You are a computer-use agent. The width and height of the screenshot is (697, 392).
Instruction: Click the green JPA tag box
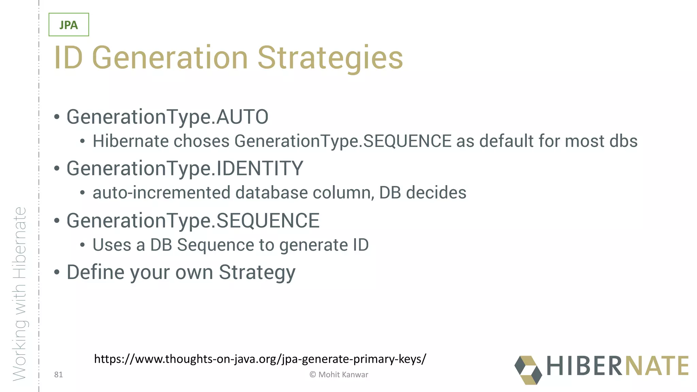[x=69, y=25]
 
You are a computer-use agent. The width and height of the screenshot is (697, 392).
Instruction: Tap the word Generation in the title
[x=170, y=58]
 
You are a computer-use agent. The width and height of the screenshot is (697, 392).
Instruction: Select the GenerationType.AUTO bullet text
[x=167, y=117]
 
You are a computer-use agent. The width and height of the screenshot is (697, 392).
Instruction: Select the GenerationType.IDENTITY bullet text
[x=184, y=168]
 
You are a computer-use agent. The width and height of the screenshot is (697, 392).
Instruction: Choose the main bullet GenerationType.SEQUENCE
[x=193, y=220]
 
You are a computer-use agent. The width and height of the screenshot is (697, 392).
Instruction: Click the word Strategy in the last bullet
[x=257, y=273]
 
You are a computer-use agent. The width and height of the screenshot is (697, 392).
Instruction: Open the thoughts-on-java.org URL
[x=260, y=359]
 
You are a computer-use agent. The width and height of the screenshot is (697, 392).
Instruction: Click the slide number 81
[x=59, y=375]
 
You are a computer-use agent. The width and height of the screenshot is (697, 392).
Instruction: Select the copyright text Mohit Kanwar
[x=339, y=375]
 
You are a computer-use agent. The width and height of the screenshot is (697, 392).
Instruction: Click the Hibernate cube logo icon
[x=528, y=370]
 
